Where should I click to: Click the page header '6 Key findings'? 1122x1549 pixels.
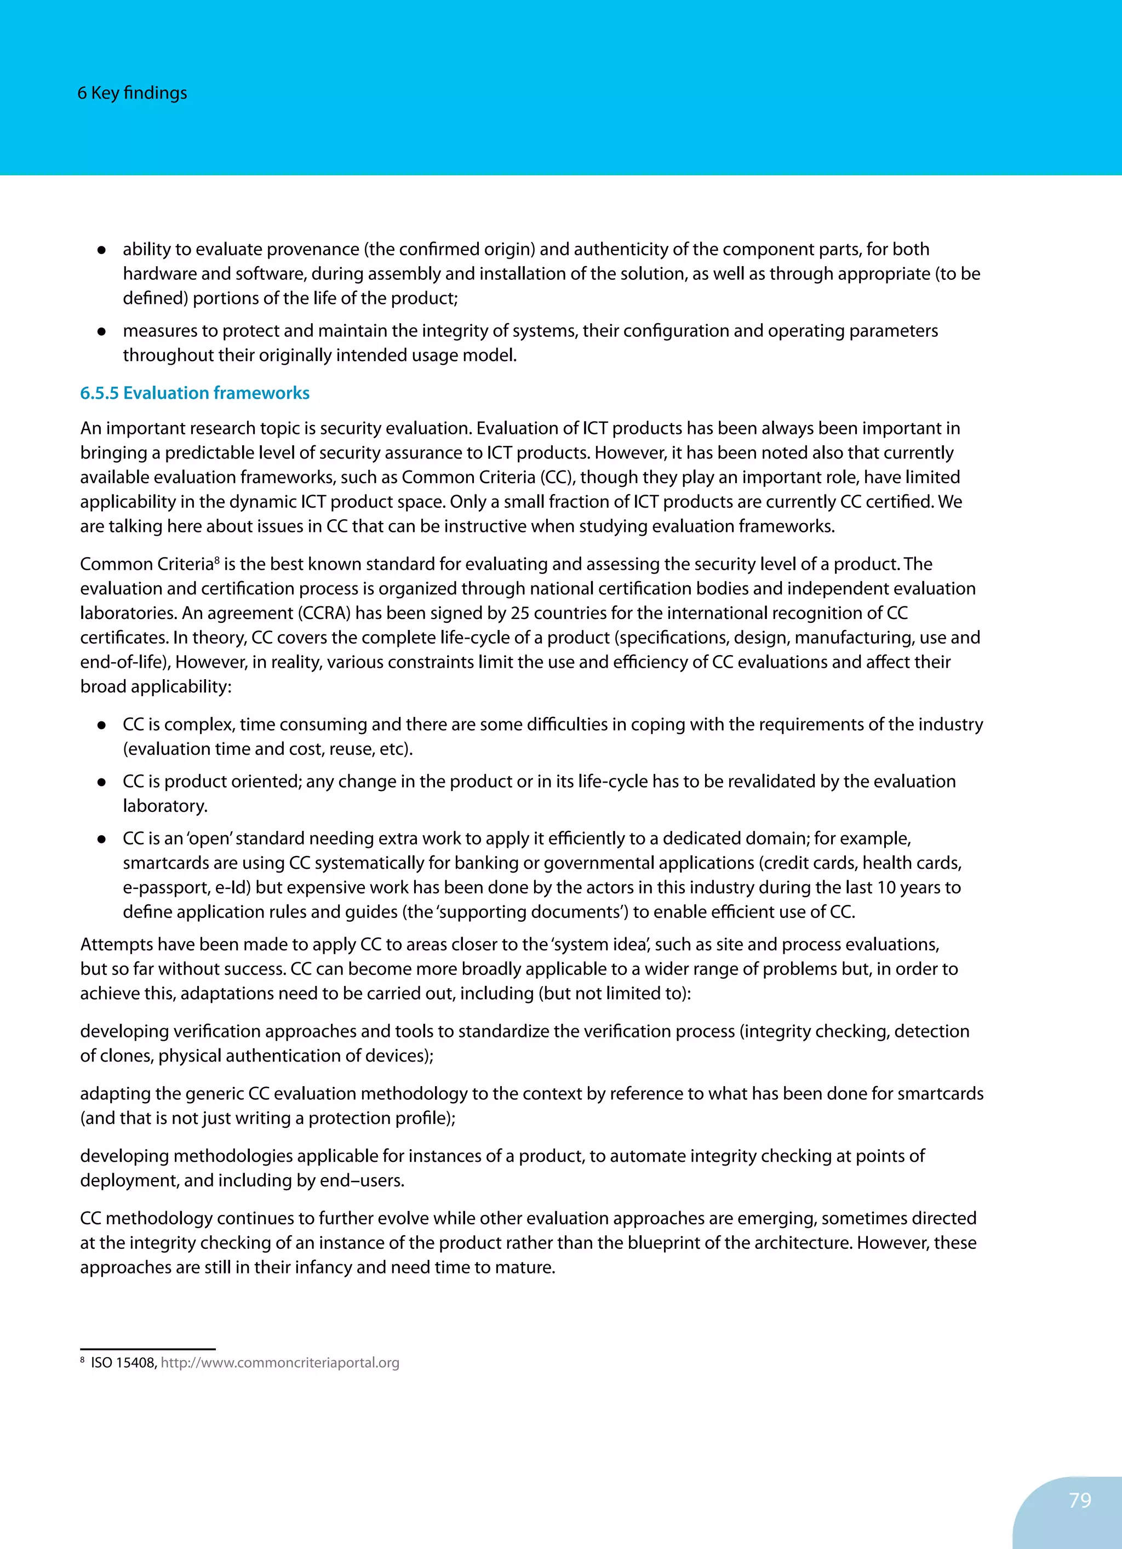132,93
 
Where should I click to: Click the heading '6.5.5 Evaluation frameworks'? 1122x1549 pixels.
194,393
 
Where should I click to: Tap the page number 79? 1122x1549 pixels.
1080,1500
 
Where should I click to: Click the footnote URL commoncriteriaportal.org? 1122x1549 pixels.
279,1363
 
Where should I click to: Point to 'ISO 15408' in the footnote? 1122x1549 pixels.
123,1363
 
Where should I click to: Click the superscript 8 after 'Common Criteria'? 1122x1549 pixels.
217,559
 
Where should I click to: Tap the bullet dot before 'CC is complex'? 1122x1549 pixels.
101,725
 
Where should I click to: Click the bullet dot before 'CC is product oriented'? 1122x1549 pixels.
101,782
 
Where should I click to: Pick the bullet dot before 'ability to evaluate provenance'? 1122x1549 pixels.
101,250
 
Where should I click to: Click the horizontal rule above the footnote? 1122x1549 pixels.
147,1349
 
